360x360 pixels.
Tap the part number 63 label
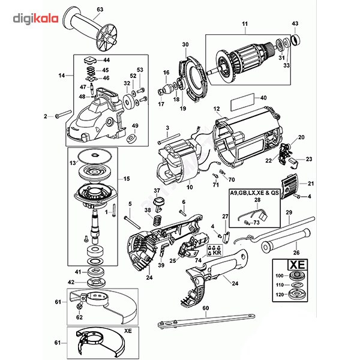[100, 10]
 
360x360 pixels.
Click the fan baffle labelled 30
[193, 75]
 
